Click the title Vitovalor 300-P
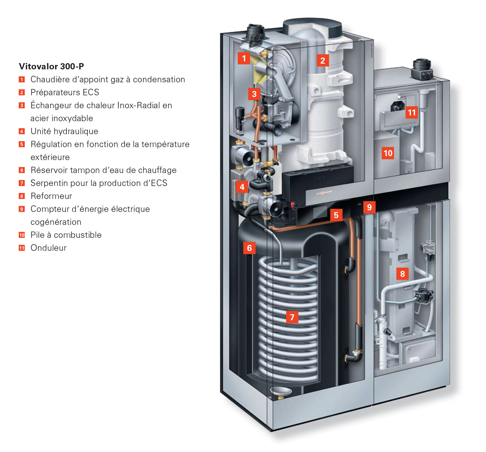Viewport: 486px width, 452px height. (51, 66)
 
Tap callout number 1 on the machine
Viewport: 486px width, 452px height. (244, 58)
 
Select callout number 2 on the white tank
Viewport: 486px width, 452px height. (323, 60)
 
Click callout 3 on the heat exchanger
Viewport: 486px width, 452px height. (254, 94)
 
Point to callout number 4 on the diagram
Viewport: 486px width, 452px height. (242, 187)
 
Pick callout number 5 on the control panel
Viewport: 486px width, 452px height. (336, 215)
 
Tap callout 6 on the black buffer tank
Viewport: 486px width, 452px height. (249, 248)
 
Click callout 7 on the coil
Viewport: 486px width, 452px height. (292, 317)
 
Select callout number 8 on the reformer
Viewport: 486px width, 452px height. (402, 274)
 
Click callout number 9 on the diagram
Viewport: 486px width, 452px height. (369, 207)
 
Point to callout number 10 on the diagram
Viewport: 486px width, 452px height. (388, 153)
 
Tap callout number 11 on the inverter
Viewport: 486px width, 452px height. (412, 113)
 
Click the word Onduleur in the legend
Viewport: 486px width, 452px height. (49, 248)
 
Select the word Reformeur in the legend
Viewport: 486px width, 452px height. (51, 196)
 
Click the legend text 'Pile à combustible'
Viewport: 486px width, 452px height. (66, 235)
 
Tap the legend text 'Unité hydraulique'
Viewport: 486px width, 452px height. (64, 131)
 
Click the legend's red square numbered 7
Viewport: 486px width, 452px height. (22, 183)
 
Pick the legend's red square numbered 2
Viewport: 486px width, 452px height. (22, 92)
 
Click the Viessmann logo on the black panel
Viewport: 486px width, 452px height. (324, 192)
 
